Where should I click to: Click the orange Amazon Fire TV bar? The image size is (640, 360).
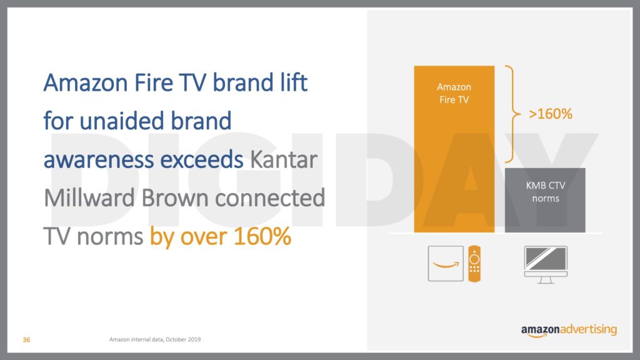[x=454, y=149]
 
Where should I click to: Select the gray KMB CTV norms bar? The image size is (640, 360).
[x=545, y=200]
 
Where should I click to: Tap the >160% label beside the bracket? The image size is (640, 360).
[x=550, y=114]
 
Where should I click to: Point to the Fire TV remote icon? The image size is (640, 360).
[x=474, y=264]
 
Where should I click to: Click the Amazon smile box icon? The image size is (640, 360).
[x=446, y=264]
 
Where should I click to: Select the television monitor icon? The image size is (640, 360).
[x=546, y=264]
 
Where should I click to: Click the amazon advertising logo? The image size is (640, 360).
[x=569, y=330]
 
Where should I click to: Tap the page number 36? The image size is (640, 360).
[x=26, y=339]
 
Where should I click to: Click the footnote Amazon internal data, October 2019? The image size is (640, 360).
[x=155, y=339]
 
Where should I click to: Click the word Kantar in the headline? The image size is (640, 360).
[x=284, y=159]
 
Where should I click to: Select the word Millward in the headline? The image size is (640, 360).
[x=89, y=198]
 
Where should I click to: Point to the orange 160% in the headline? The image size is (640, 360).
[x=262, y=236]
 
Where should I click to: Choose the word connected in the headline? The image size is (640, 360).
[x=270, y=198]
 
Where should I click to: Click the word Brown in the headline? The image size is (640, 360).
[x=175, y=198]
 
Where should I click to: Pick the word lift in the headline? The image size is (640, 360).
[x=294, y=82]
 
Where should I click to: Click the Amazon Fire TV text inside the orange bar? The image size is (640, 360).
[x=454, y=93]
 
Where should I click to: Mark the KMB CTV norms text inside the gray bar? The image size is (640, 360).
[x=545, y=192]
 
